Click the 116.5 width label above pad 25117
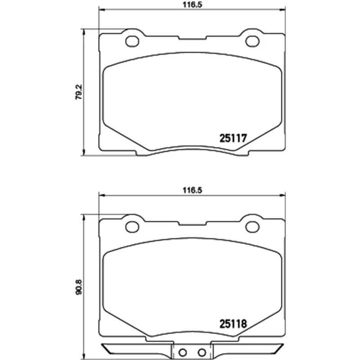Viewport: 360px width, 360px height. coord(192,5)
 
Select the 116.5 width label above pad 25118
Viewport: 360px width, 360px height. coord(192,190)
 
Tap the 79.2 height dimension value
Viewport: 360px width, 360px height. coord(79,92)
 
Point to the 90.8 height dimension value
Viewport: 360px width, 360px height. coord(79,287)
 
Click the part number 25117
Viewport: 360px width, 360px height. coord(233,138)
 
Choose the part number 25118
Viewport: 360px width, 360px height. coord(233,324)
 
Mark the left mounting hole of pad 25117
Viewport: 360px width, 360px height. coord(132,41)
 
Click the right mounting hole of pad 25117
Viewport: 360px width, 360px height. coord(252,41)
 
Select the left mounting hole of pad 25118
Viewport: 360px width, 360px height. coord(132,227)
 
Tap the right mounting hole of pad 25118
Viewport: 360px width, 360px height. coord(252,227)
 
